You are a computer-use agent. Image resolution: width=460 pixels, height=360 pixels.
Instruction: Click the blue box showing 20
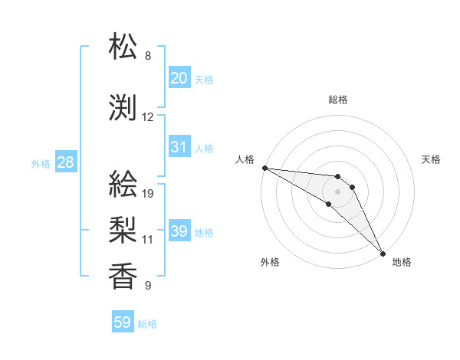pos(179,78)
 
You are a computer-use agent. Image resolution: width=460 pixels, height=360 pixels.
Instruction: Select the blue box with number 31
pos(179,147)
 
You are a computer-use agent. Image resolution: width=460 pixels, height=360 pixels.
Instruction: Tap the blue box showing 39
pos(179,231)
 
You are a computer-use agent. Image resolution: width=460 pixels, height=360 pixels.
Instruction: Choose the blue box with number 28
pos(65,162)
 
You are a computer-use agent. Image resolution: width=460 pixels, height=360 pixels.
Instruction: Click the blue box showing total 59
pos(123,322)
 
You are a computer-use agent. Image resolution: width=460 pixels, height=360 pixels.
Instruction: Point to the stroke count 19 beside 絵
pos(149,194)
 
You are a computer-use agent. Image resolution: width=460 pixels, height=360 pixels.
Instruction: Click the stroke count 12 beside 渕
pos(148,117)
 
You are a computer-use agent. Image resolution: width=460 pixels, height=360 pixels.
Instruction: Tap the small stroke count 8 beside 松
pos(148,56)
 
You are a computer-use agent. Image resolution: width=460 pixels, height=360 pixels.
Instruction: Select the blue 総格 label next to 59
pos(147,324)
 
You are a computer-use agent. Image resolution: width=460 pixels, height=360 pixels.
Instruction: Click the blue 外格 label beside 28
pos(41,164)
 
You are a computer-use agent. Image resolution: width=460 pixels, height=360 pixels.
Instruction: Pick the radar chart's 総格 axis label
pos(337,100)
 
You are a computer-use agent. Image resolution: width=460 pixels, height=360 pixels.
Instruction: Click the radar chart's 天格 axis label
pos(432,159)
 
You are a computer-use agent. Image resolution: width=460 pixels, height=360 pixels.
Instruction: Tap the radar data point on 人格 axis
pos(264,168)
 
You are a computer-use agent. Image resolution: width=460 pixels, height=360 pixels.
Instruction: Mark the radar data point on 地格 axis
pos(383,253)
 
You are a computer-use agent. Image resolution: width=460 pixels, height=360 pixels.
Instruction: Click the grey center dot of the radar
pos(337,191)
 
